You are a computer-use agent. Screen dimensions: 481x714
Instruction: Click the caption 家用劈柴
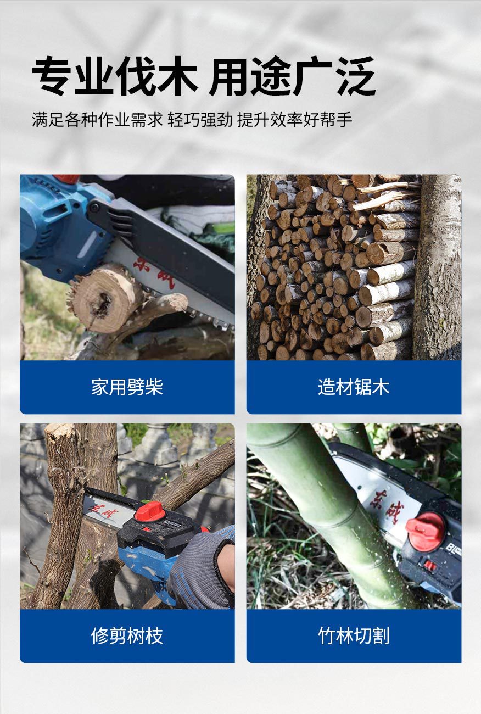coord(127,387)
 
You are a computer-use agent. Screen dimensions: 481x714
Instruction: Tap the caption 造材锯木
coord(354,387)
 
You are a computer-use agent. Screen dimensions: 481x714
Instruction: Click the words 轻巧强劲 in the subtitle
coord(200,120)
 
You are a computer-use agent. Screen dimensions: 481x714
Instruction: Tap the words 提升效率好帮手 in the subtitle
coord(294,120)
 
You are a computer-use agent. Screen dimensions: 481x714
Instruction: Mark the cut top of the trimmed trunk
coord(60,431)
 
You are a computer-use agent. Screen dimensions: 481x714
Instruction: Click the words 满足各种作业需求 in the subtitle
coord(97,120)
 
